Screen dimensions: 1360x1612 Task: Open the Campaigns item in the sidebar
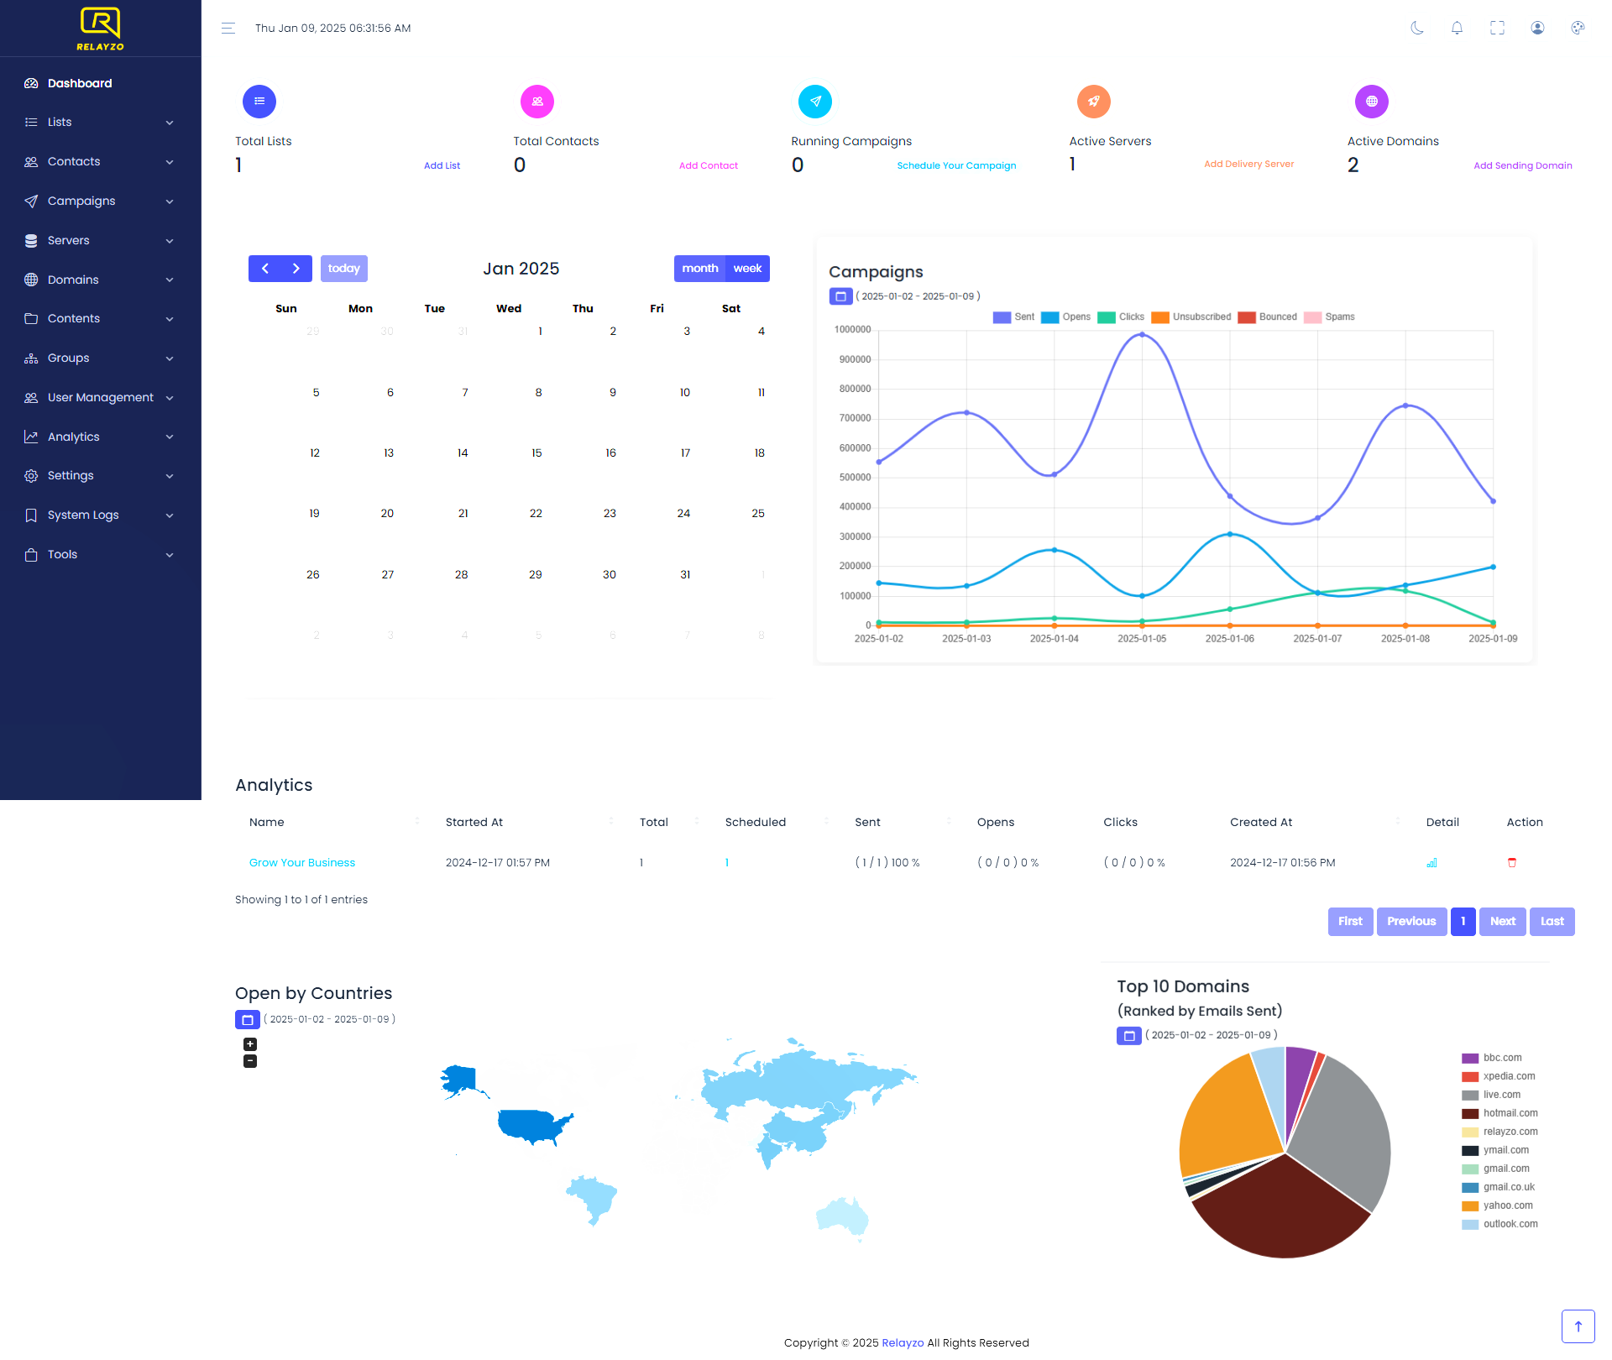pyautogui.click(x=81, y=201)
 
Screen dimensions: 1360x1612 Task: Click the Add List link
pyautogui.click(x=442, y=166)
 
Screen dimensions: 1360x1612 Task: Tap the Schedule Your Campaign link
pyautogui.click(x=956, y=166)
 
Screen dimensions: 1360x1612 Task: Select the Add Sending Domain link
pyautogui.click(x=1522, y=166)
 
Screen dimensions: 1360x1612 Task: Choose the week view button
pyautogui.click(x=746, y=269)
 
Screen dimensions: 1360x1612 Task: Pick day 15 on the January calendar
pyautogui.click(x=536, y=453)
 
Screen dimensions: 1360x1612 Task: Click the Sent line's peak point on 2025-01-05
pyautogui.click(x=1142, y=335)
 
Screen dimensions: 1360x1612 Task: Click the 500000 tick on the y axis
pyautogui.click(x=855, y=478)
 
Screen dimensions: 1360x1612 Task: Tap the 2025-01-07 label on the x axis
pyautogui.click(x=1317, y=639)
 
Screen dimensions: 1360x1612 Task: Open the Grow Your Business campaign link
pyautogui.click(x=302, y=863)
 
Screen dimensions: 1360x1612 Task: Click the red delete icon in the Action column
pyautogui.click(x=1512, y=863)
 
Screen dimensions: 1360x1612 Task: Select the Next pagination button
pyautogui.click(x=1502, y=922)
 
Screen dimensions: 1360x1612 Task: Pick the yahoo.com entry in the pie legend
pyautogui.click(x=1507, y=1206)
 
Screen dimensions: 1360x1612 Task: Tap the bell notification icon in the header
pyautogui.click(x=1457, y=29)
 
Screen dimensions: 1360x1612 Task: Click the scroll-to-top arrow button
pyautogui.click(x=1578, y=1326)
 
